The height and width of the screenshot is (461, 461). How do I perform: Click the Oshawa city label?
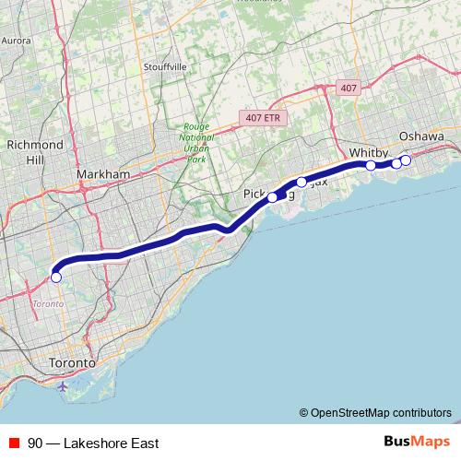[x=422, y=136]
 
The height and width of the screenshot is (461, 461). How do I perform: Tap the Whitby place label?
[x=369, y=151]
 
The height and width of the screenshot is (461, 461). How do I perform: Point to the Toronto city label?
[x=72, y=363]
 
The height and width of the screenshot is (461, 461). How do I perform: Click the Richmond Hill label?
[x=35, y=152]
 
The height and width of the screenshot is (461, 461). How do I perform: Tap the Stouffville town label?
[x=165, y=67]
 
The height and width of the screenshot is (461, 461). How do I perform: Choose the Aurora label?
[x=17, y=41]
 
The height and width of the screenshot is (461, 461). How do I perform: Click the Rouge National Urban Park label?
[x=196, y=143]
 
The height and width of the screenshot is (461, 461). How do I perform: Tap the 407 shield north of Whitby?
[x=347, y=88]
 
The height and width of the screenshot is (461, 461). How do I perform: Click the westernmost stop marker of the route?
[x=56, y=277]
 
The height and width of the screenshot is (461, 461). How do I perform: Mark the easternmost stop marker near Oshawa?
[x=406, y=160]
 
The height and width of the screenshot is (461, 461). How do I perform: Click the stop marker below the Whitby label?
[x=371, y=165]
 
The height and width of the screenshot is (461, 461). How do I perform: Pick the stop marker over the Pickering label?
[x=273, y=196]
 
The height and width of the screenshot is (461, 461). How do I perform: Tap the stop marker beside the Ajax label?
[x=301, y=182]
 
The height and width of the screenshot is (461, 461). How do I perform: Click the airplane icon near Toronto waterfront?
[x=62, y=385]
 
